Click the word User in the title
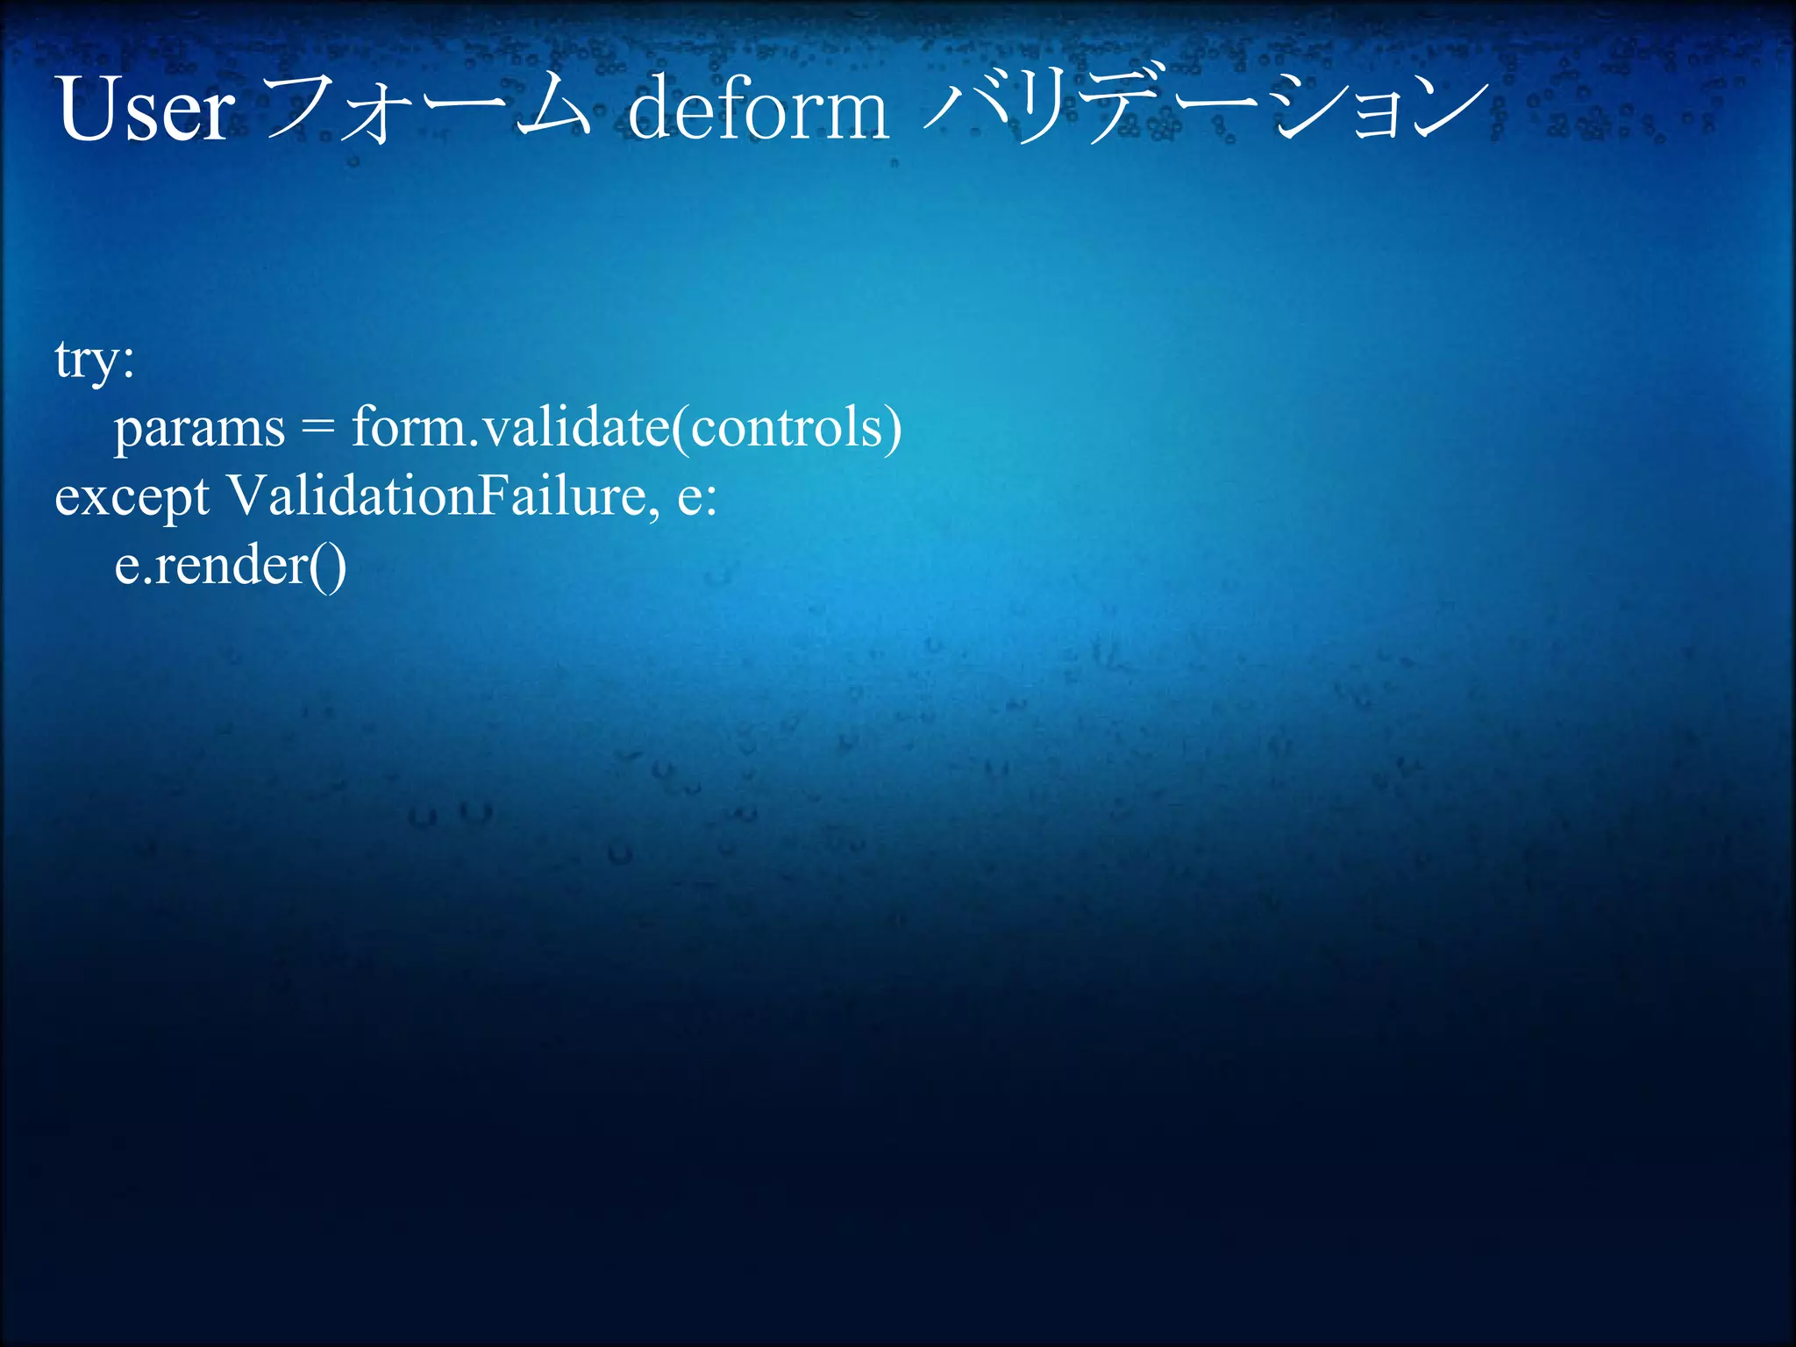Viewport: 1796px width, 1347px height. click(146, 110)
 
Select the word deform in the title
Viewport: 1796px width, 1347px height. click(758, 110)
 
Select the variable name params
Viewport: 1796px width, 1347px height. click(199, 429)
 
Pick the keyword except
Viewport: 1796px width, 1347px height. click(132, 498)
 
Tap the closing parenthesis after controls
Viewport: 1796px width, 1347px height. click(893, 429)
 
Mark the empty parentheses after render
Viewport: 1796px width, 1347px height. click(328, 566)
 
